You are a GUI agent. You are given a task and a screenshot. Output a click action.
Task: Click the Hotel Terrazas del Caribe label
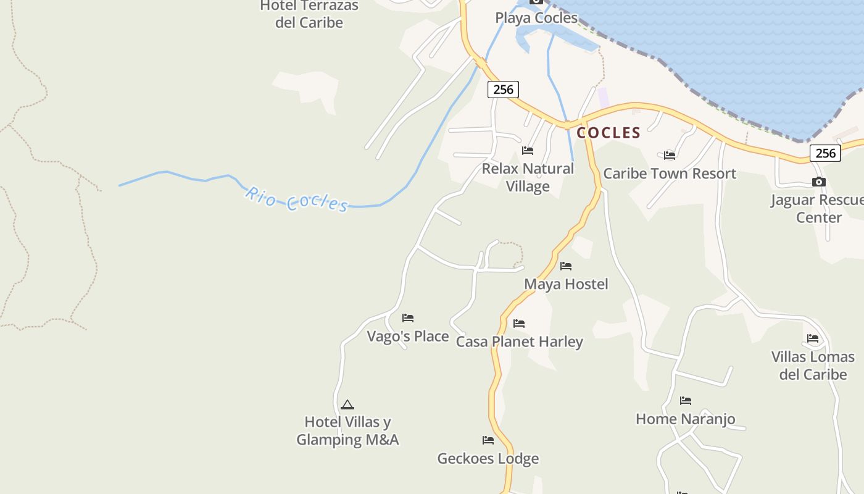pos(309,14)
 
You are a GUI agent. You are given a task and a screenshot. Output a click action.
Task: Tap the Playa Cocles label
pos(536,18)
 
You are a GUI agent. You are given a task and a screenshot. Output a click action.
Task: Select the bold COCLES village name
pos(609,133)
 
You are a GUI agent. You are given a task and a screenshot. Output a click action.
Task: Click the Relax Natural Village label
pos(528,177)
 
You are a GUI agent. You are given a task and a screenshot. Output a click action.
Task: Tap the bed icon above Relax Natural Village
pos(528,150)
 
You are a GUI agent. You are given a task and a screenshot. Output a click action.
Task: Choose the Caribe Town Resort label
pos(670,174)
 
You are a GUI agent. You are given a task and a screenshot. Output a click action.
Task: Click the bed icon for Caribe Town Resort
pos(670,155)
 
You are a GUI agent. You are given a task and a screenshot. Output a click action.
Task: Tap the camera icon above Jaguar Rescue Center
pos(819,182)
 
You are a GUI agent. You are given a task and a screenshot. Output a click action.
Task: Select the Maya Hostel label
pos(566,284)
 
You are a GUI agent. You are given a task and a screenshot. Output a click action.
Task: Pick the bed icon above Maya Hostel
pos(566,266)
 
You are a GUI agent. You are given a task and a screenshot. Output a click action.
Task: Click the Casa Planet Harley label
pos(519,341)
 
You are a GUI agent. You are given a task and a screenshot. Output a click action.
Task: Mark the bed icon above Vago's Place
pos(408,318)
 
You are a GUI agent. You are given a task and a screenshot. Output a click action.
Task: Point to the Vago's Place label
pos(408,337)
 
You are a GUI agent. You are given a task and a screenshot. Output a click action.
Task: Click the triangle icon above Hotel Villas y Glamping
pos(347,405)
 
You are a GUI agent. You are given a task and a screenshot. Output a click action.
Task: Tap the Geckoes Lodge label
pos(488,458)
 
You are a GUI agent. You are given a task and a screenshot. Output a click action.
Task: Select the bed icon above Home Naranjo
pos(686,401)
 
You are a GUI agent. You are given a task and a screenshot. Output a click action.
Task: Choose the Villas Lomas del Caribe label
pos(813,366)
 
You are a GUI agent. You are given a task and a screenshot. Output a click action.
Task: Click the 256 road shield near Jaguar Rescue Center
pos(825,153)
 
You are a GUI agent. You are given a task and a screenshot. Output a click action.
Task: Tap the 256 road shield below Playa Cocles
pos(503,90)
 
